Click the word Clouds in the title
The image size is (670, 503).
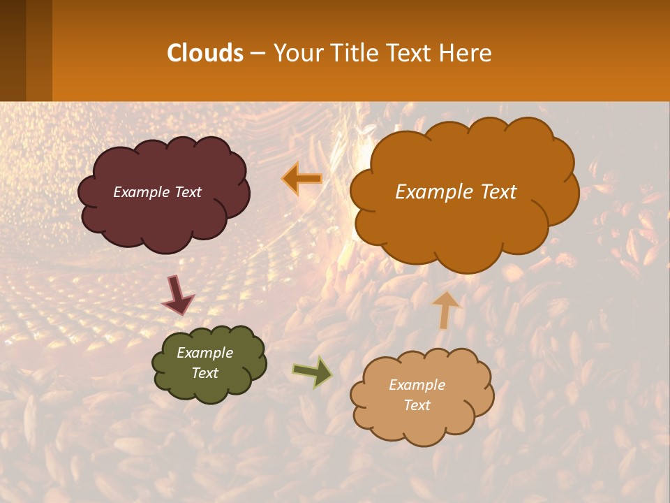(205, 53)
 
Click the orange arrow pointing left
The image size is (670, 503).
(302, 180)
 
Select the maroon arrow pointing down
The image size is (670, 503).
(178, 295)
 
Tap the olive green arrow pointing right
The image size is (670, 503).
(313, 372)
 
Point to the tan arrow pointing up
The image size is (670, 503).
(446, 309)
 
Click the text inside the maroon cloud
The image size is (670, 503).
(157, 192)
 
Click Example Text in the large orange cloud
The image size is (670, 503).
(456, 192)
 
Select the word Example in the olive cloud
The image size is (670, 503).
(204, 353)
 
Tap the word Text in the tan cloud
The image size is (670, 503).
(417, 405)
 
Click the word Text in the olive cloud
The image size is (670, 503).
(204, 373)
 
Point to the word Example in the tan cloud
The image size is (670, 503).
(417, 385)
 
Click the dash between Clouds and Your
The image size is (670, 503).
(257, 53)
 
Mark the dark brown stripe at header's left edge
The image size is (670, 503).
(13, 50)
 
